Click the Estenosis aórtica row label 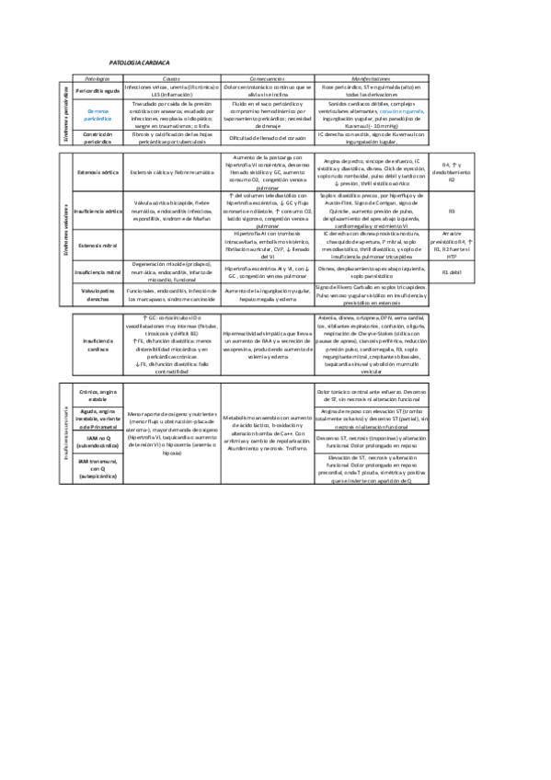click(98, 171)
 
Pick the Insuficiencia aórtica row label click(98, 210)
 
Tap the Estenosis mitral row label click(98, 246)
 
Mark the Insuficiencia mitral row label click(98, 273)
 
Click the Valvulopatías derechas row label click(98, 294)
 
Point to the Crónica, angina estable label click(98, 396)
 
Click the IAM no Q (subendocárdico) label click(98, 446)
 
